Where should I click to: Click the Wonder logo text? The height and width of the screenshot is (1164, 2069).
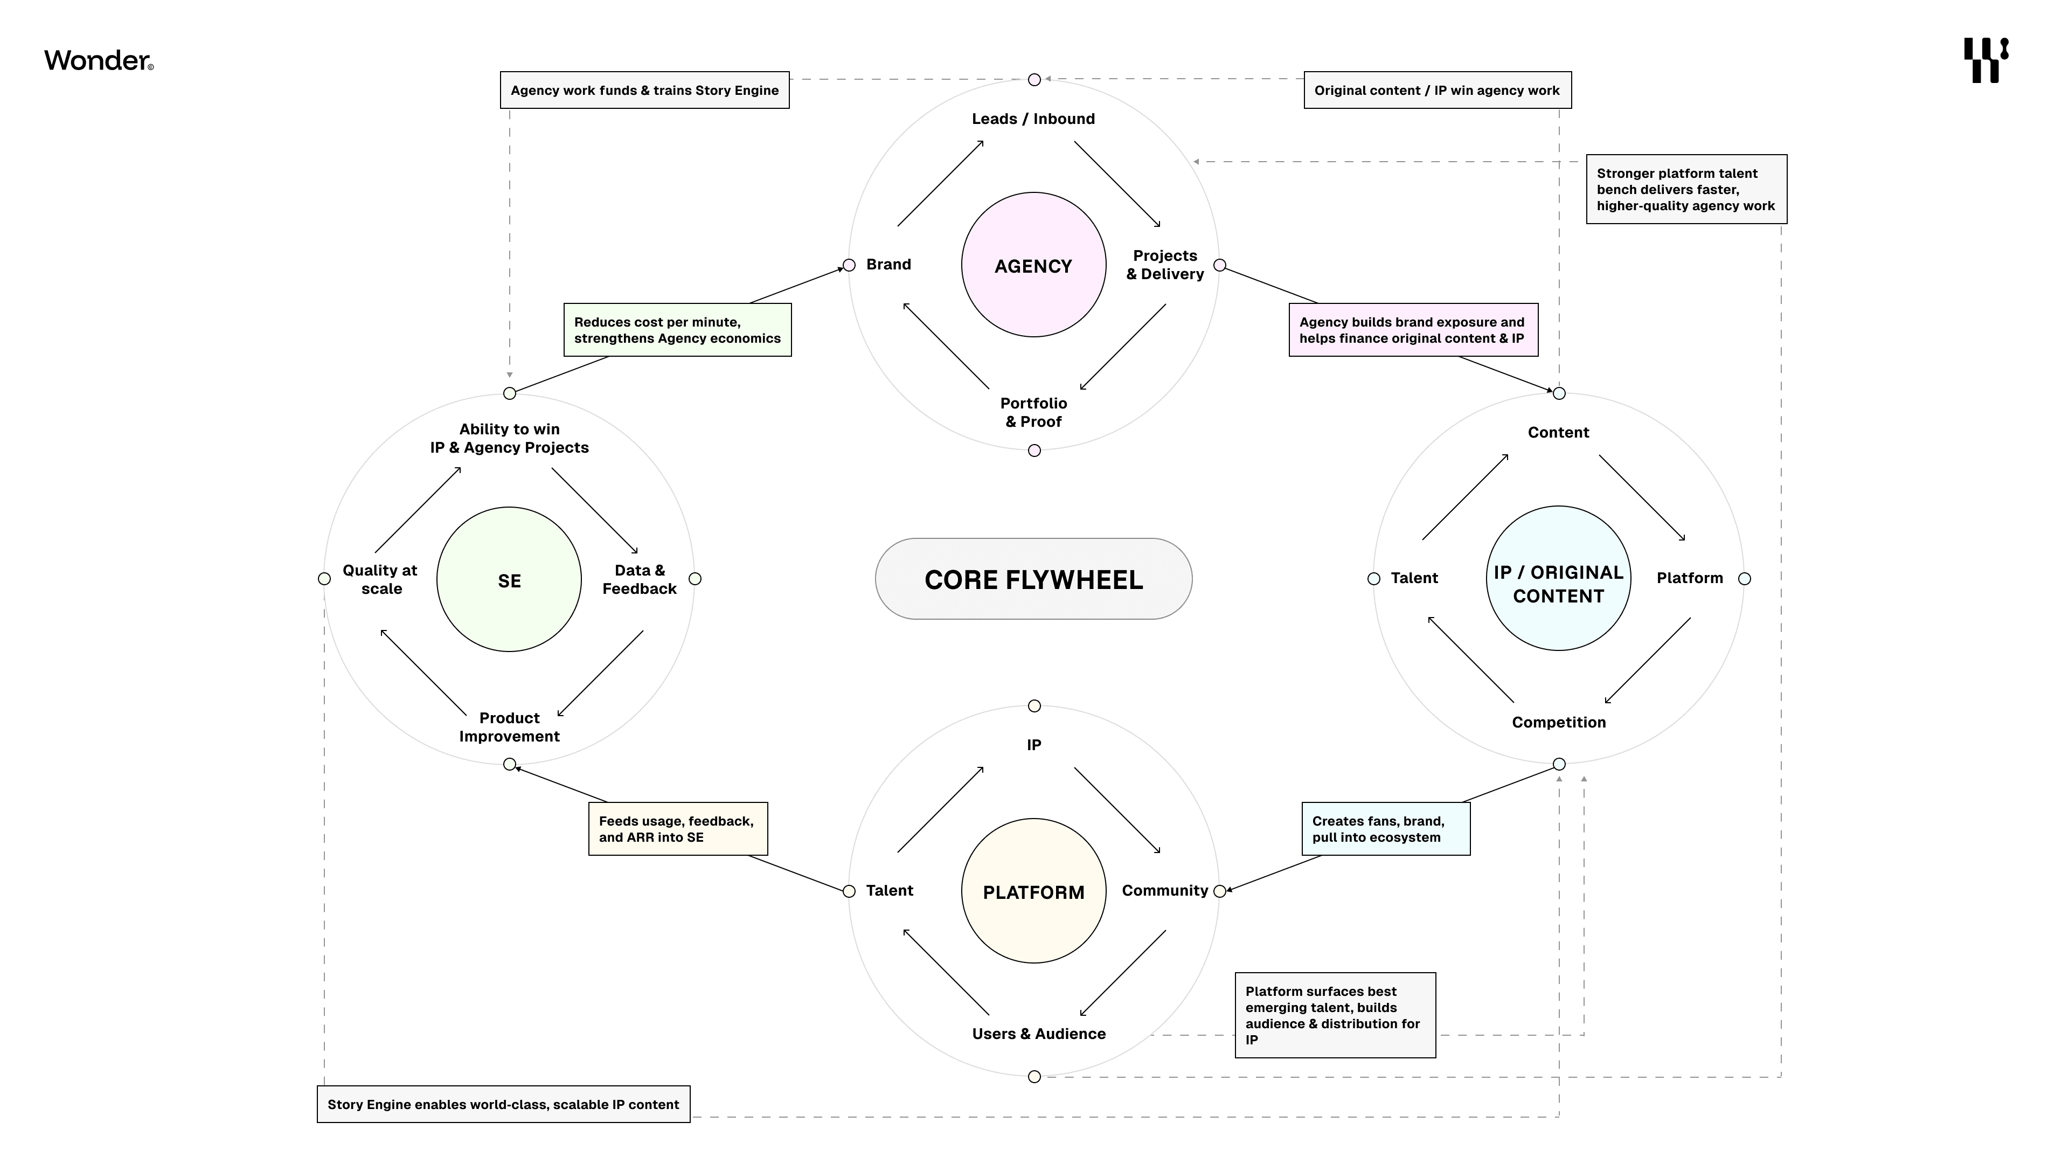[98, 60]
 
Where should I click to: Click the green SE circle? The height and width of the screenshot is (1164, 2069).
[509, 579]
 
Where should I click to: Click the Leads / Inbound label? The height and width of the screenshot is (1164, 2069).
[1033, 119]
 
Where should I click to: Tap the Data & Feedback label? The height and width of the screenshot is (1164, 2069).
[640, 579]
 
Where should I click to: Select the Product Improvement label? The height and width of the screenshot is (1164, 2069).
[509, 727]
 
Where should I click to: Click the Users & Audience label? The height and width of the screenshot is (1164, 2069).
[1038, 1034]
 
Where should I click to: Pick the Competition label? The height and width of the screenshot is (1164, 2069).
[1558, 722]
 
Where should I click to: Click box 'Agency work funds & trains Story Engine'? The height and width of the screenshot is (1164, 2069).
[644, 90]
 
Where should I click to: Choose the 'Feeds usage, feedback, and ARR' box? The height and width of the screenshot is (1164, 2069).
[677, 829]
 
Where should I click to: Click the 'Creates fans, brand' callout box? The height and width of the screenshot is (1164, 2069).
[1385, 829]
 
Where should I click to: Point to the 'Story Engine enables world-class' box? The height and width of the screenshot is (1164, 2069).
[503, 1105]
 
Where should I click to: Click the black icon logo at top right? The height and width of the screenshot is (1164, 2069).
[1985, 60]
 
